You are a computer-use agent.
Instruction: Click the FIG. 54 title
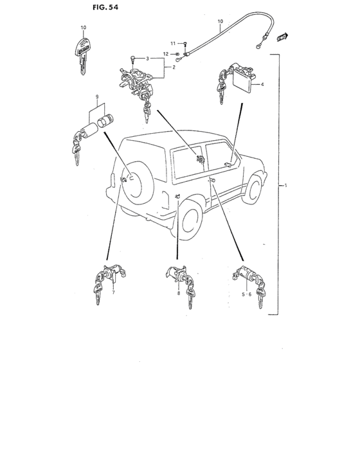click(x=105, y=7)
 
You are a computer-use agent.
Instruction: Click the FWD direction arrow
click(x=282, y=37)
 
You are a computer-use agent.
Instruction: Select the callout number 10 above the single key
click(x=84, y=28)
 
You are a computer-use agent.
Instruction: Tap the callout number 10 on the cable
click(x=221, y=21)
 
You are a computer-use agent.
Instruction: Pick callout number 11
click(x=173, y=44)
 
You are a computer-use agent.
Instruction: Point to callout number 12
click(x=166, y=54)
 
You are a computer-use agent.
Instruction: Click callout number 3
click(x=147, y=59)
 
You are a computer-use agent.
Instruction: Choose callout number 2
click(x=174, y=67)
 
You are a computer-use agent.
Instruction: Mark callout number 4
click(x=262, y=84)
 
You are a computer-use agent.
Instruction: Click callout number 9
click(x=97, y=96)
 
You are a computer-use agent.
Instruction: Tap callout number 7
click(x=113, y=292)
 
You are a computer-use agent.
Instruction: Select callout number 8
click(x=179, y=293)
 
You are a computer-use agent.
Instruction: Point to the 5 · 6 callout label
click(x=246, y=294)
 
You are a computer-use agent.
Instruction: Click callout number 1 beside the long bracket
click(x=285, y=186)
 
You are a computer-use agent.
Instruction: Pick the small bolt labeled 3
click(x=132, y=60)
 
